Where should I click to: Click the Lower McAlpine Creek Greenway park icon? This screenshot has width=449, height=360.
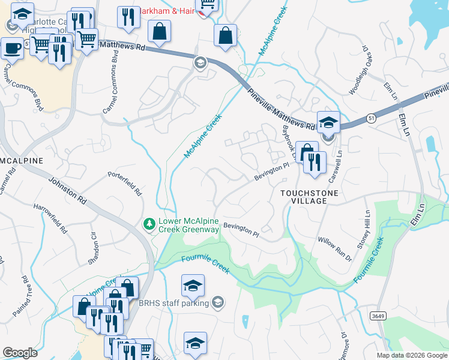(x=149, y=224)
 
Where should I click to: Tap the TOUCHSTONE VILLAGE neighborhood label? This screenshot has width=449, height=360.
(x=310, y=197)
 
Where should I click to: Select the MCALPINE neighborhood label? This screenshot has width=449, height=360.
(x=22, y=161)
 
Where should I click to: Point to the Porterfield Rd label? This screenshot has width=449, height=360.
(x=125, y=184)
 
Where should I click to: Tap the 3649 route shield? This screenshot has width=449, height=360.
(x=377, y=316)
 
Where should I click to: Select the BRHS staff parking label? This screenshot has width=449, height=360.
(x=173, y=303)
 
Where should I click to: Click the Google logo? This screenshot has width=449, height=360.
(x=20, y=353)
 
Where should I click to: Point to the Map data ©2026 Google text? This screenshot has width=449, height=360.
(x=411, y=355)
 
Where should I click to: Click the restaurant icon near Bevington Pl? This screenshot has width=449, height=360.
(x=315, y=161)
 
